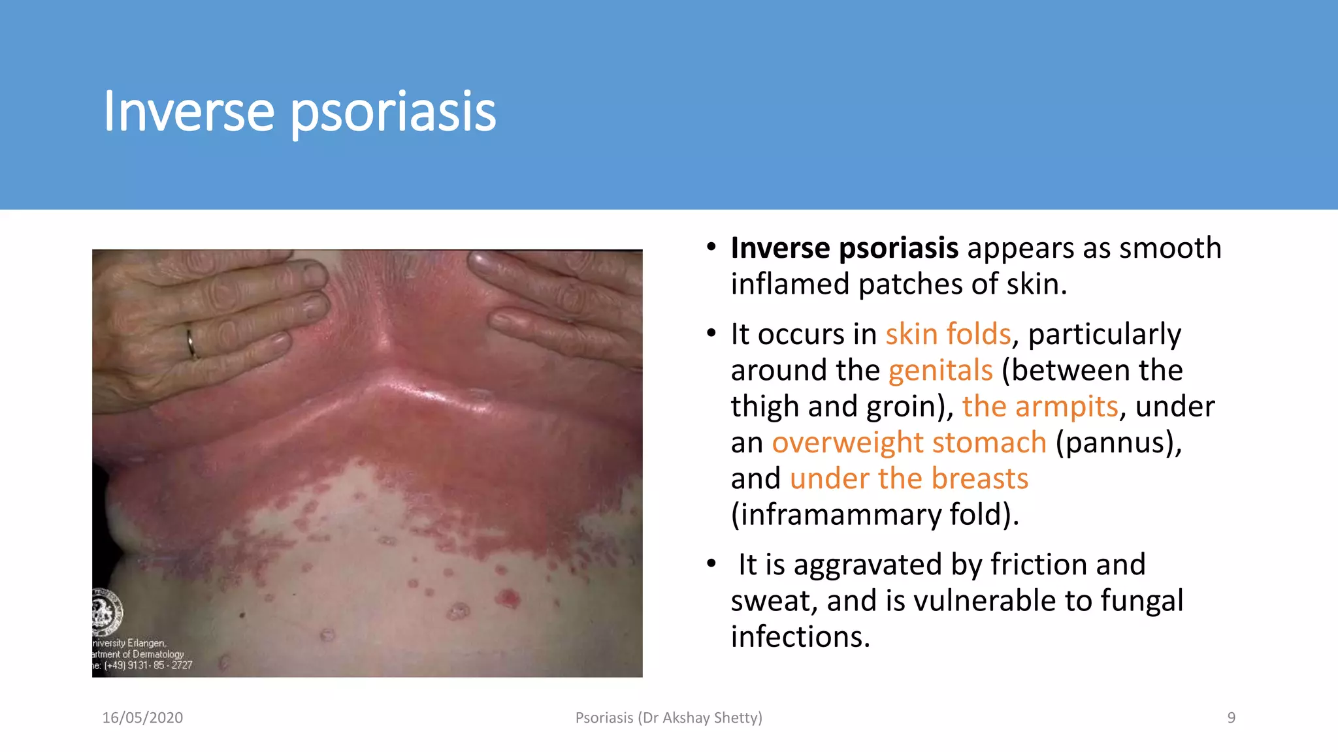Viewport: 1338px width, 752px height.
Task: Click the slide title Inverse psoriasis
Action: coord(300,112)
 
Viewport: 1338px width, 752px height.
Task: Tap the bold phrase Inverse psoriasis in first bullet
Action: coord(844,248)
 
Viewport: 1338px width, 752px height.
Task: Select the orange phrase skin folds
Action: coord(948,334)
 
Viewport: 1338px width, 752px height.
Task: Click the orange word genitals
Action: coord(940,371)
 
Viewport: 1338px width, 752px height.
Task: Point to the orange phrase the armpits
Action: coord(1040,407)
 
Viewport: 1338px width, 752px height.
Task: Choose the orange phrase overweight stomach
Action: coord(909,443)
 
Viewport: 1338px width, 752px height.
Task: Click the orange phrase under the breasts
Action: coord(909,478)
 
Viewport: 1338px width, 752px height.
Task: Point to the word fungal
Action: coord(1141,601)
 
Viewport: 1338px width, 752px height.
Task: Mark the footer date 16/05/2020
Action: coord(142,718)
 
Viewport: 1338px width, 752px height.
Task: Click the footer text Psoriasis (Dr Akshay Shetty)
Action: coord(668,718)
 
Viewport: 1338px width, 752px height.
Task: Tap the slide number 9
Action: coord(1231,718)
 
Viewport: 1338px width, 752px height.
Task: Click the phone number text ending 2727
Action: coord(148,665)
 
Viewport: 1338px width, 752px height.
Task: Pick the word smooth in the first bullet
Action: coord(1169,248)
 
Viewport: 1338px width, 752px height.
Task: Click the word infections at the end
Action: coord(800,637)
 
